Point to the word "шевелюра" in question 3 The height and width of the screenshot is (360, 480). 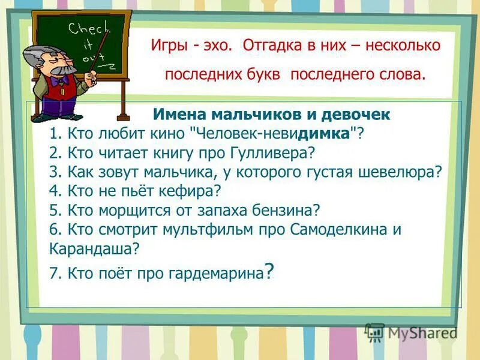coord(407,172)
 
